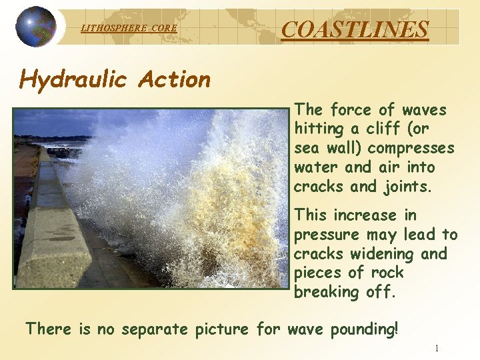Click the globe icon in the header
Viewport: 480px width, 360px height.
[37, 27]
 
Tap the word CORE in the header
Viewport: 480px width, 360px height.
[165, 28]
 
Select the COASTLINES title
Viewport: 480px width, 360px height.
[355, 29]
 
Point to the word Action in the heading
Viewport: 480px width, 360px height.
[174, 79]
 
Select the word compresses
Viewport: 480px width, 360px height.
[411, 148]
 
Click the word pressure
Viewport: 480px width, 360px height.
[326, 235]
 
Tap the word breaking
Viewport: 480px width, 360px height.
[326, 292]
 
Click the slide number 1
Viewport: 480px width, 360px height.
[436, 348]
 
